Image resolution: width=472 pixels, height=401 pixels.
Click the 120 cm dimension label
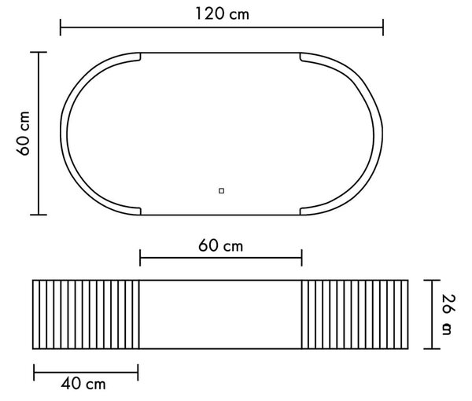[x=222, y=13]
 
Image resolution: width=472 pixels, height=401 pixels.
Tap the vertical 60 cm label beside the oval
[x=23, y=133]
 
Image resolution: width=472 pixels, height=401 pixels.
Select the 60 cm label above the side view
[x=220, y=245]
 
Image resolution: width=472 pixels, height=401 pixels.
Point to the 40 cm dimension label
[x=83, y=384]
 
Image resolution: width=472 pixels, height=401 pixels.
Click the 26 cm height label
[x=448, y=315]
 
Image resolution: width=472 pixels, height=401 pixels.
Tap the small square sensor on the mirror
[x=221, y=191]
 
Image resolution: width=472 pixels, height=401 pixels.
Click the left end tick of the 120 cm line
[x=61, y=28]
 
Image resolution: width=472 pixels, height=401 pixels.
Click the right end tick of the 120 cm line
[x=383, y=28]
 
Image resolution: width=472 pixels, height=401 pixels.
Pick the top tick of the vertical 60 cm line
[x=39, y=53]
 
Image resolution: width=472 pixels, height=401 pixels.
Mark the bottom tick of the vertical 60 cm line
[x=39, y=215]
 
